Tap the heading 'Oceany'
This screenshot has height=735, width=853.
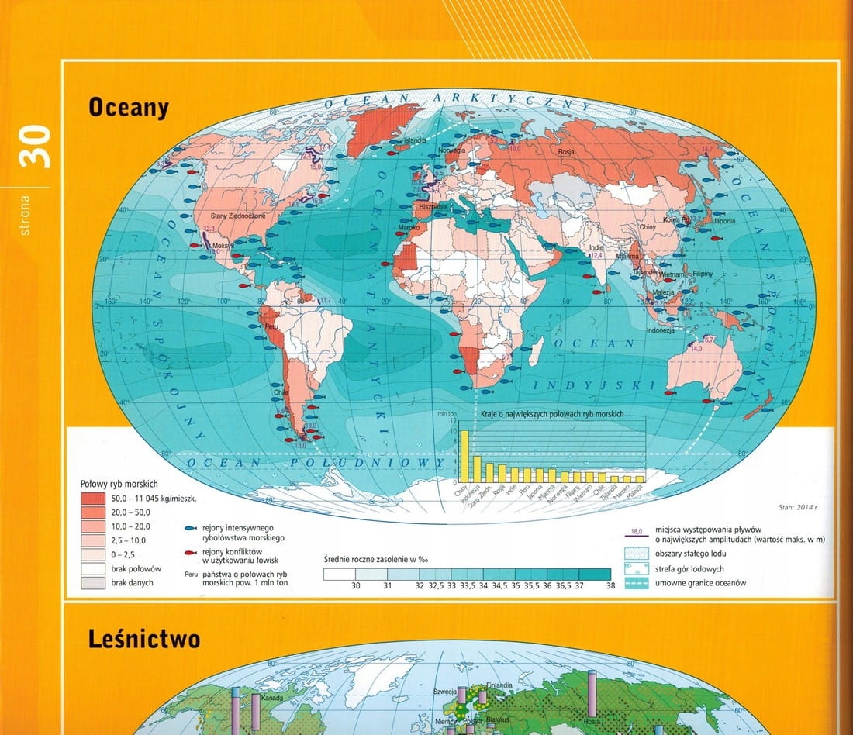click(x=128, y=108)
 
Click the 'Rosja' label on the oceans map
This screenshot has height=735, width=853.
click(x=566, y=152)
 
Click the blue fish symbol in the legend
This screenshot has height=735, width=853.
click(x=189, y=527)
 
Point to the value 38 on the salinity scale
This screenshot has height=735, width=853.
click(x=610, y=586)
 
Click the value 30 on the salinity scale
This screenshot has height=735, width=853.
click(x=356, y=586)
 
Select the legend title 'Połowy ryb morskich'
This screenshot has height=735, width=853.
click(x=119, y=483)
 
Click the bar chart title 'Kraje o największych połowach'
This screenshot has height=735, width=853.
click(x=552, y=414)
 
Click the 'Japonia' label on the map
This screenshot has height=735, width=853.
click(x=723, y=219)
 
